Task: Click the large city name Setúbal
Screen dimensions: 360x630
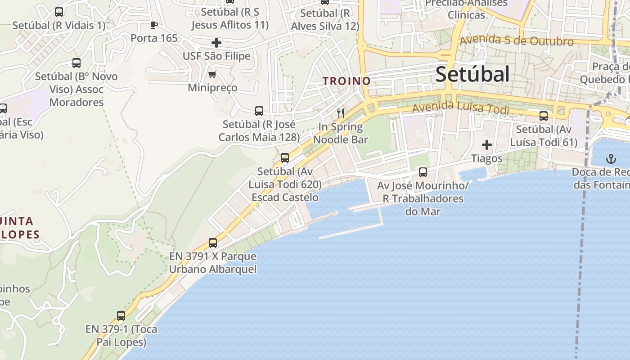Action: pyautogui.click(x=472, y=74)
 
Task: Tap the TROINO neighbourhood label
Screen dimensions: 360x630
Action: pyautogui.click(x=346, y=81)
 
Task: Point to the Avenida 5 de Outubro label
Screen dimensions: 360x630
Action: pyautogui.click(x=517, y=40)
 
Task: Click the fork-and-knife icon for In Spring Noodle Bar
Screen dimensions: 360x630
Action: pyautogui.click(x=341, y=113)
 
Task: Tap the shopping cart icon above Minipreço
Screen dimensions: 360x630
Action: pyautogui.click(x=212, y=74)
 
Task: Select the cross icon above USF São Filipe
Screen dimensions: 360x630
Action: pyautogui.click(x=216, y=43)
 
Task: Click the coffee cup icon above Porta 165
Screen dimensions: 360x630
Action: pyautogui.click(x=154, y=25)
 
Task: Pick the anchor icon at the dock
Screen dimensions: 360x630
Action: pyautogui.click(x=611, y=159)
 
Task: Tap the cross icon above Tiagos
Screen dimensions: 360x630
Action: pyautogui.click(x=486, y=145)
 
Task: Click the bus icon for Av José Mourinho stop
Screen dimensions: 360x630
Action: pyautogui.click(x=423, y=172)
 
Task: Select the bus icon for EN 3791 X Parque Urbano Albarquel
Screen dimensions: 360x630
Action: pyautogui.click(x=213, y=243)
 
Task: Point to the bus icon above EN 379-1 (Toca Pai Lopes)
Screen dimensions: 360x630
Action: pyautogui.click(x=121, y=315)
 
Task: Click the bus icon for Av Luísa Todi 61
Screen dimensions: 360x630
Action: pyautogui.click(x=544, y=116)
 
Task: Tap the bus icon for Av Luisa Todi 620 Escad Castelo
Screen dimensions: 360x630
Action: pyautogui.click(x=284, y=158)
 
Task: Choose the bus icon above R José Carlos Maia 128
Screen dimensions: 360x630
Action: pyautogui.click(x=259, y=111)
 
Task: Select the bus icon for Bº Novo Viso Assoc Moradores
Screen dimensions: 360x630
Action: pyautogui.click(x=76, y=63)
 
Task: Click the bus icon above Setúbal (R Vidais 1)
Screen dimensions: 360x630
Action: pyautogui.click(x=58, y=12)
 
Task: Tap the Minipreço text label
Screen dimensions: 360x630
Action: pyautogui.click(x=212, y=87)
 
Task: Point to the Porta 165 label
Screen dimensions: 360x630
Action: pyautogui.click(x=154, y=38)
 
